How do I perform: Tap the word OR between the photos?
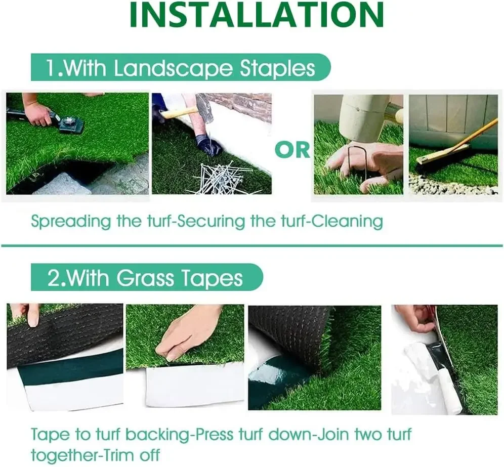pyautogui.click(x=292, y=150)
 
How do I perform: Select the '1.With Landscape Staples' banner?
pyautogui.click(x=180, y=68)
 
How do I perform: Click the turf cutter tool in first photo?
pyautogui.click(x=68, y=123)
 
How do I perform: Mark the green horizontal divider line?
pyautogui.click(x=251, y=246)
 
